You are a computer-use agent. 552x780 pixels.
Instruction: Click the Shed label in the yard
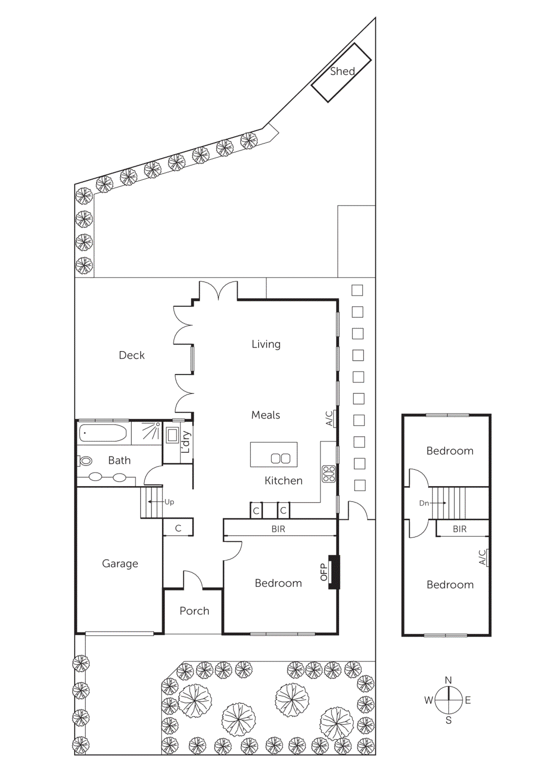[342, 71]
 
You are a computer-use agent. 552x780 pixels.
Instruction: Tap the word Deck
[132, 355]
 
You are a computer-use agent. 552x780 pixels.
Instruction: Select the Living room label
[266, 344]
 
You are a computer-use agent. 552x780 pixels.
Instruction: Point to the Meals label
[266, 415]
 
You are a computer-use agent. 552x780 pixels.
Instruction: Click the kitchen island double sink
[281, 458]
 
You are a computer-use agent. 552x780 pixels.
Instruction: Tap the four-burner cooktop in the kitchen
[329, 474]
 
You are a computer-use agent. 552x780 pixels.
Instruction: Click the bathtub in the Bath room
[103, 433]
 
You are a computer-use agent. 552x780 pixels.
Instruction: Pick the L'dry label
[185, 442]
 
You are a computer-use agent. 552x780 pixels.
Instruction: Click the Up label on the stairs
[169, 502]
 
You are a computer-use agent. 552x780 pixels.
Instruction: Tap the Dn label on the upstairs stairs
[424, 503]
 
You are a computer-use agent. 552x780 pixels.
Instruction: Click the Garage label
[120, 564]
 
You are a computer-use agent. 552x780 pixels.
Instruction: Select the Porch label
[194, 611]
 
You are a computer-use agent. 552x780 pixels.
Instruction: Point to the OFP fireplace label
[324, 572]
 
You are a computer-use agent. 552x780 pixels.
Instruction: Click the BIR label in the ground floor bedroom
[278, 529]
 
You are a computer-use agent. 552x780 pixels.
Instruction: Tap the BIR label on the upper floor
[459, 529]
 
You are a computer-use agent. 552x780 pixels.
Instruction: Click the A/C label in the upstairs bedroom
[482, 557]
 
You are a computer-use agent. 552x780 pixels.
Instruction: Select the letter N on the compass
[448, 680]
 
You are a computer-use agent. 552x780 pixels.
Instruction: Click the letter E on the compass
[468, 701]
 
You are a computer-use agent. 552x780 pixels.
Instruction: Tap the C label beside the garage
[178, 528]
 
